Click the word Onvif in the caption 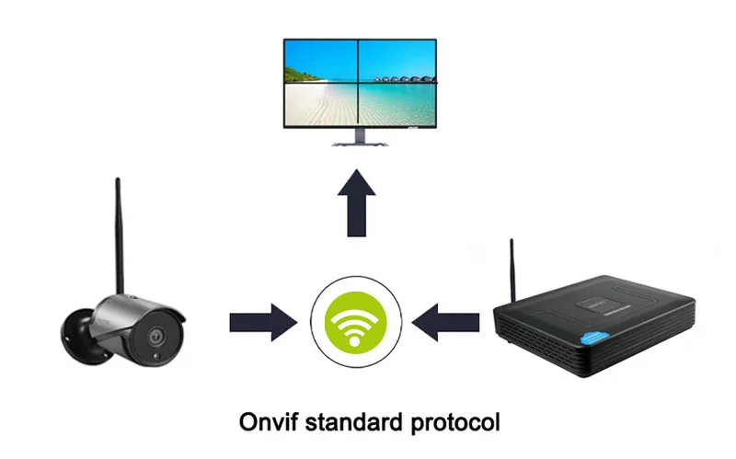click(268, 422)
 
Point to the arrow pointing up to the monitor click(357, 202)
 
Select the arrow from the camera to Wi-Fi click(263, 323)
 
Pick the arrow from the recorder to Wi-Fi click(445, 323)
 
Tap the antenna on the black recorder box click(512, 270)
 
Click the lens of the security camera click(155, 337)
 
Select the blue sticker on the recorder click(594, 338)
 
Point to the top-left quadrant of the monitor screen click(321, 62)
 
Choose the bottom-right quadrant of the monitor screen click(397, 105)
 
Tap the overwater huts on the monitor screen click(403, 79)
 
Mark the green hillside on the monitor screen click(301, 75)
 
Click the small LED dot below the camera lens click(157, 358)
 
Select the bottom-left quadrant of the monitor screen click(321, 105)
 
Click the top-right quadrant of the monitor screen click(397, 62)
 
